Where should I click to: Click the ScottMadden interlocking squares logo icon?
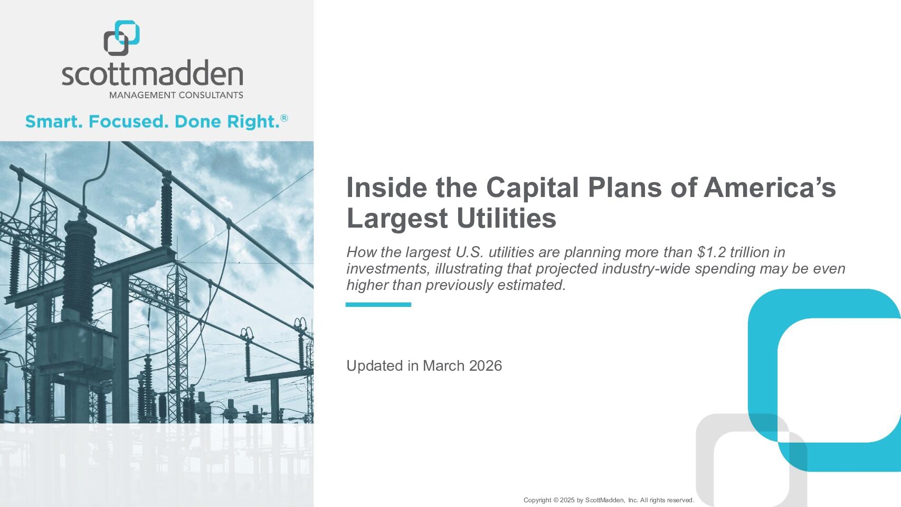pyautogui.click(x=121, y=38)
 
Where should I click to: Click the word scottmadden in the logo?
pyautogui.click(x=153, y=73)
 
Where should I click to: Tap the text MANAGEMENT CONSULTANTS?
pyautogui.click(x=176, y=96)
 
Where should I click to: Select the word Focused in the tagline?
pyautogui.click(x=128, y=121)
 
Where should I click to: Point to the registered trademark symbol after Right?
pyautogui.click(x=284, y=118)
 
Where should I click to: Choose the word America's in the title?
pyautogui.click(x=770, y=187)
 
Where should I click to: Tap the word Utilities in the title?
pyautogui.click(x=506, y=218)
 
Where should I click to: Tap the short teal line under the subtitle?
pyautogui.click(x=378, y=305)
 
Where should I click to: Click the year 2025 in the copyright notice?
pyautogui.click(x=567, y=500)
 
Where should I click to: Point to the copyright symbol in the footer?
pyautogui.click(x=556, y=500)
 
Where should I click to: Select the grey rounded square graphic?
pyautogui.click(x=705, y=463)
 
